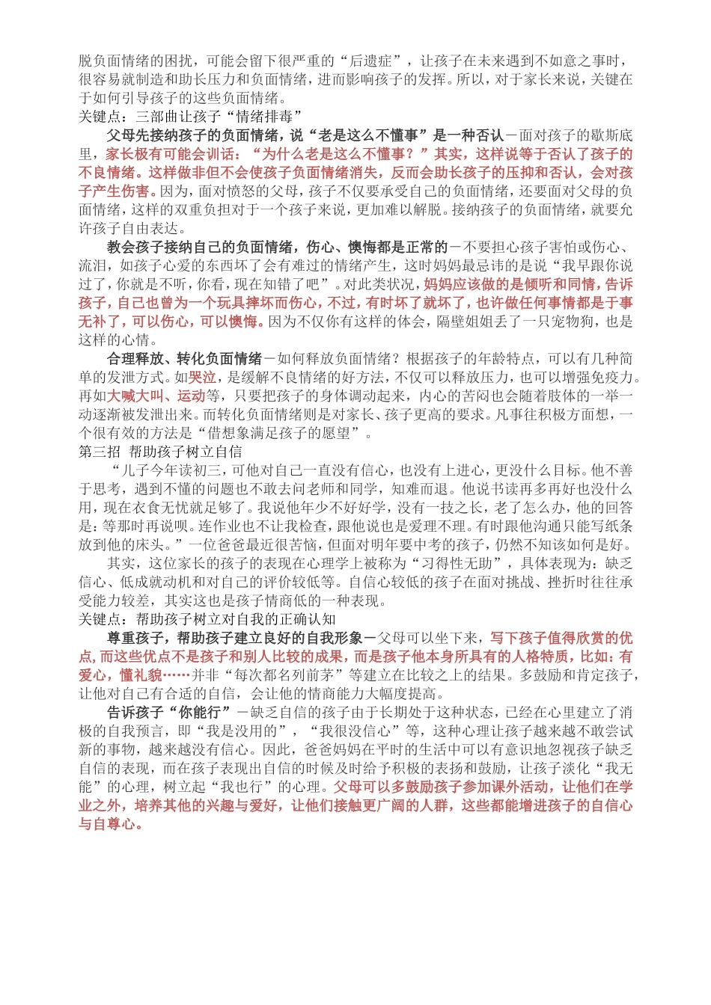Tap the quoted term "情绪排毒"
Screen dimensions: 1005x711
[268, 117]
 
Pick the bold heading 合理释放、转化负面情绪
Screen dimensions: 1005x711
[184, 358]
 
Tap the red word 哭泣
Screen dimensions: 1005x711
[202, 377]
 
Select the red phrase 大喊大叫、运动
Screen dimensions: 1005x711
[156, 396]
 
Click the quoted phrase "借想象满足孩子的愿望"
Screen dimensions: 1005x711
[285, 433]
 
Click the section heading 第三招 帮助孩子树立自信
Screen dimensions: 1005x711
[160, 452]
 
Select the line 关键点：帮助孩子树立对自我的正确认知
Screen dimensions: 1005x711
[207, 619]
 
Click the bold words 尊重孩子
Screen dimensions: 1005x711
[135, 638]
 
